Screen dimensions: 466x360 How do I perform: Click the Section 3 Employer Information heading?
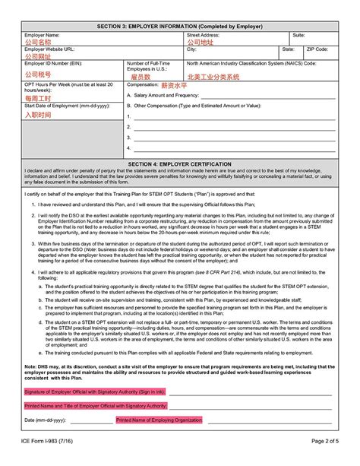coord(181,26)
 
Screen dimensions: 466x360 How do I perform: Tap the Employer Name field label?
coord(42,35)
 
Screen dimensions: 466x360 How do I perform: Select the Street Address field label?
coord(204,35)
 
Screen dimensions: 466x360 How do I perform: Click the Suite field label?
coord(298,35)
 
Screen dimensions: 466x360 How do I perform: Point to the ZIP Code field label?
coord(317,49)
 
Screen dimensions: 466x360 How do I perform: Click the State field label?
coord(289,49)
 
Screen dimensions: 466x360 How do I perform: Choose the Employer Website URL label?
coord(51,49)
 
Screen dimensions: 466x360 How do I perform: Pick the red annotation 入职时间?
coord(38,115)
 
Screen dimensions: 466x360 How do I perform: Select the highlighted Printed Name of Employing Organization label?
coord(159,420)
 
